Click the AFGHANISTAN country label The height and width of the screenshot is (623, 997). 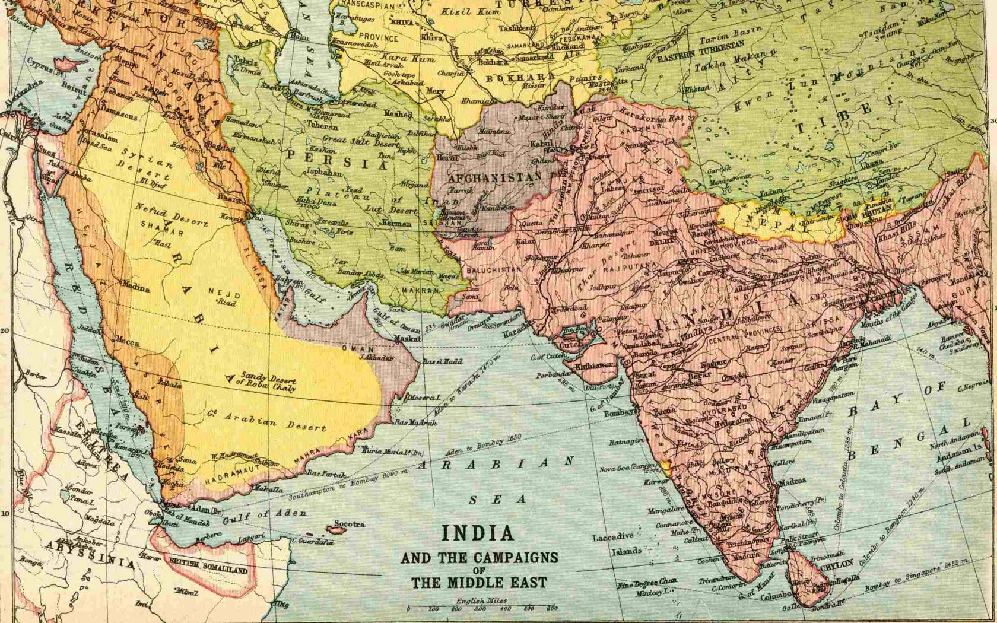coord(494,177)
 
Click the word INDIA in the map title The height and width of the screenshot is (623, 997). coord(478,533)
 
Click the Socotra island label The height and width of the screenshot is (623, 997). coord(349,525)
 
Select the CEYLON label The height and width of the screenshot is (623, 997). coord(837,564)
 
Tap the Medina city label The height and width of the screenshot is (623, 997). coord(135,290)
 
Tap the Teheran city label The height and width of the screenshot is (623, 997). coord(322,126)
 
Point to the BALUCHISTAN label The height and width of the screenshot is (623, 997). coord(494,269)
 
